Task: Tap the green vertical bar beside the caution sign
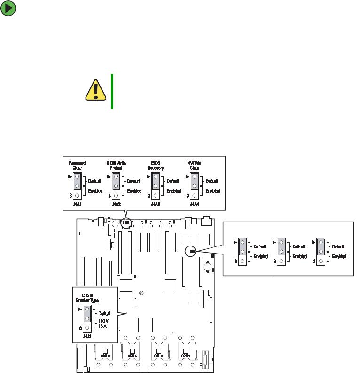click(112, 91)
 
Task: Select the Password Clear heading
click(77, 165)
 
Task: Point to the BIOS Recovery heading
click(155, 165)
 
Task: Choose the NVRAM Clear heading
click(194, 165)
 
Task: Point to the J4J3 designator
click(87, 336)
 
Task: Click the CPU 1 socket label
click(186, 356)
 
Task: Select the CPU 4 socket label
click(132, 356)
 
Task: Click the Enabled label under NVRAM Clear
click(212, 191)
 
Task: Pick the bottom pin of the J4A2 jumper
click(116, 195)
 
